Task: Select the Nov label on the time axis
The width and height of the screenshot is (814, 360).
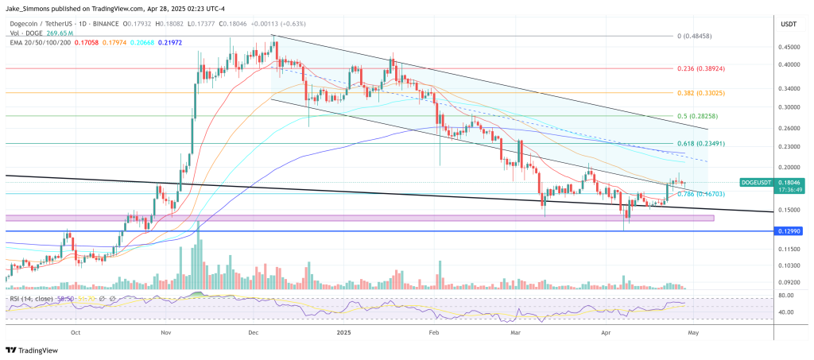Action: pyautogui.click(x=166, y=334)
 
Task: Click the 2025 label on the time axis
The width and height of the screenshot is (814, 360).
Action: pyautogui.click(x=343, y=334)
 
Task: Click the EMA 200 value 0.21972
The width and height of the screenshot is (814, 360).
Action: pyautogui.click(x=172, y=41)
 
